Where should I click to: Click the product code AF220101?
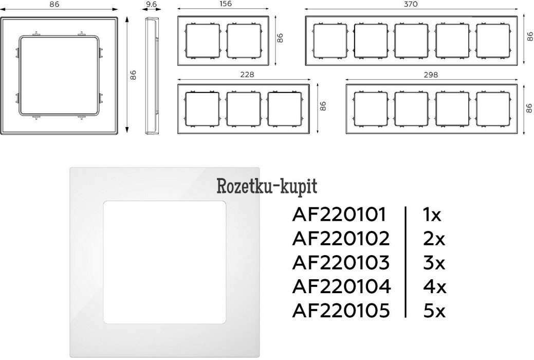339,214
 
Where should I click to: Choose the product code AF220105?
340,310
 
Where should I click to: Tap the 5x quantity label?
433,310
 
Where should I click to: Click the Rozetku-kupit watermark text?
267,186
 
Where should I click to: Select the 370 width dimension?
411,4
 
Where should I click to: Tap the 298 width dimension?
431,75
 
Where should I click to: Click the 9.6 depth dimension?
151,4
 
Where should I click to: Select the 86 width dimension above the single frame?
62,4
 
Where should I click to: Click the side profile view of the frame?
152,76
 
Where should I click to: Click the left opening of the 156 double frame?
202,41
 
